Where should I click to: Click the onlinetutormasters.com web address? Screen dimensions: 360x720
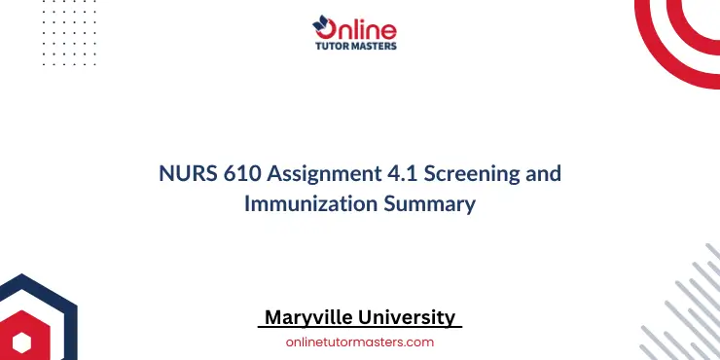pyautogui.click(x=359, y=342)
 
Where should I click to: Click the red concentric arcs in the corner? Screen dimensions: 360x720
pyautogui.click(x=681, y=29)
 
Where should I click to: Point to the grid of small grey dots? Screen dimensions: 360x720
pyautogui.click(x=49, y=39)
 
